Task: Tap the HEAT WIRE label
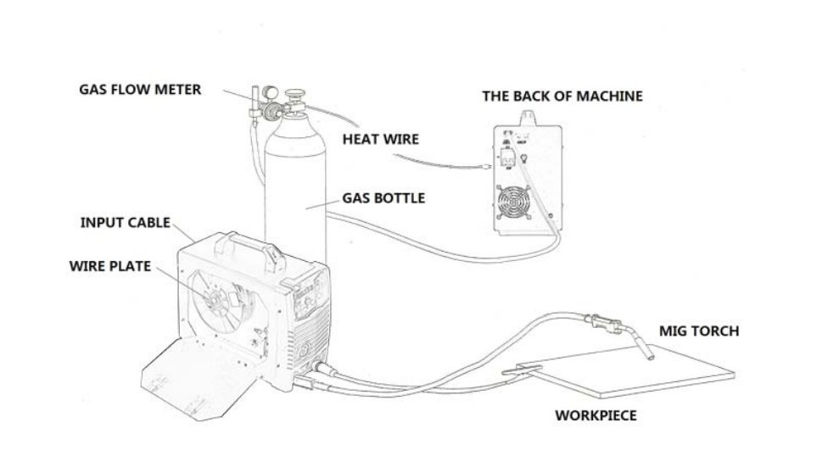pos(380,139)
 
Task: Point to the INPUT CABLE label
pos(125,223)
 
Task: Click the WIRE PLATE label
pos(109,266)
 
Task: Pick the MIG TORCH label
pos(699,331)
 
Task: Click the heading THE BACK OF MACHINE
pos(562,97)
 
